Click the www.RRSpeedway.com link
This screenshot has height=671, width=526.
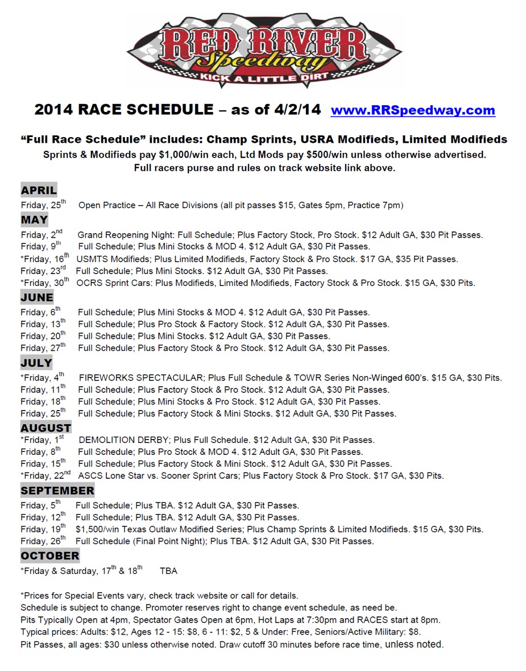click(x=413, y=110)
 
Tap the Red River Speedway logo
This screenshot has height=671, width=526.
click(x=263, y=50)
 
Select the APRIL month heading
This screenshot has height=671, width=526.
click(x=39, y=190)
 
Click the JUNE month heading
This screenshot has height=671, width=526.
click(x=37, y=297)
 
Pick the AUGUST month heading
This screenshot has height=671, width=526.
click(x=46, y=428)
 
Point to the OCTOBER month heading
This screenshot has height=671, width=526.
click(x=50, y=556)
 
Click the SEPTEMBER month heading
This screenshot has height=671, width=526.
click(x=57, y=490)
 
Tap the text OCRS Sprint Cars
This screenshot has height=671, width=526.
click(x=110, y=283)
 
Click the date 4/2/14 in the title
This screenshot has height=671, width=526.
click(x=299, y=110)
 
